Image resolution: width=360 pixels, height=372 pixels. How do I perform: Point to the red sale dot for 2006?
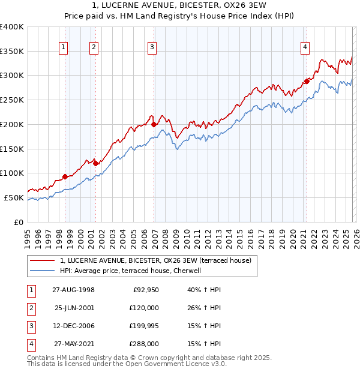pos(154,124)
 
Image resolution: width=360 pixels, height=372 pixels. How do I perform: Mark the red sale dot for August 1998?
pos(65,176)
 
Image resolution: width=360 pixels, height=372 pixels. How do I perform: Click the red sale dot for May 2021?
pos(307,81)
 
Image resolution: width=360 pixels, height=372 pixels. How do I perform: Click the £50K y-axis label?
pos(14,197)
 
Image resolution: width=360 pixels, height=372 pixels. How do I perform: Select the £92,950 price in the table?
pos(145,290)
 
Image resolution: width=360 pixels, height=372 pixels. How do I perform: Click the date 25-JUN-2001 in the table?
pos(74,308)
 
